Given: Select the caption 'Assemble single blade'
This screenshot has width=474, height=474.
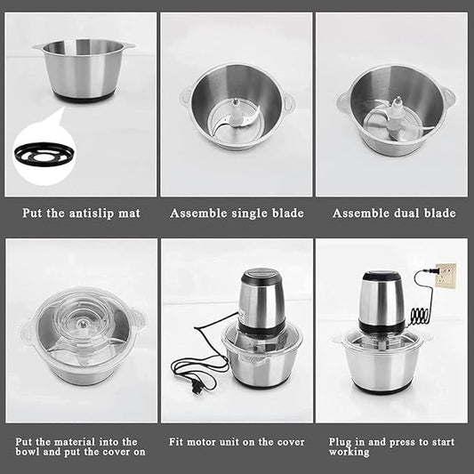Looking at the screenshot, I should (237, 213).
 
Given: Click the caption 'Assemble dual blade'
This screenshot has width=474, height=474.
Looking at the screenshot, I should (394, 213).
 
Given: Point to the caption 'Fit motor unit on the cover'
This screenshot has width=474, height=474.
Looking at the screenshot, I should (237, 442).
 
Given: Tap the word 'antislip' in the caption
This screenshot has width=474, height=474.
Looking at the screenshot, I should (92, 213).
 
